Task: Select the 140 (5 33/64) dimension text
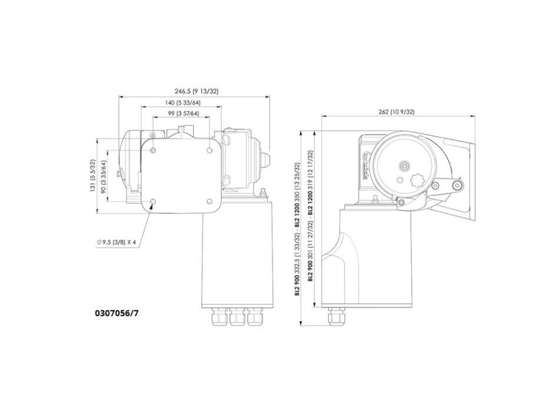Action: tap(182, 104)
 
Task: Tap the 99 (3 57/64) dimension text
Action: tap(182, 113)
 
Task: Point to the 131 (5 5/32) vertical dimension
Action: tap(92, 176)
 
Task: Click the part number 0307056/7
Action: tap(117, 313)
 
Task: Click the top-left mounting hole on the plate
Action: tap(153, 151)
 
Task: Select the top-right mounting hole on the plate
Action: tap(209, 151)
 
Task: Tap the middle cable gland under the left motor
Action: tap(237, 317)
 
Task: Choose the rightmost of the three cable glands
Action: tap(254, 317)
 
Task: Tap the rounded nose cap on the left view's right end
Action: tap(265, 160)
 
